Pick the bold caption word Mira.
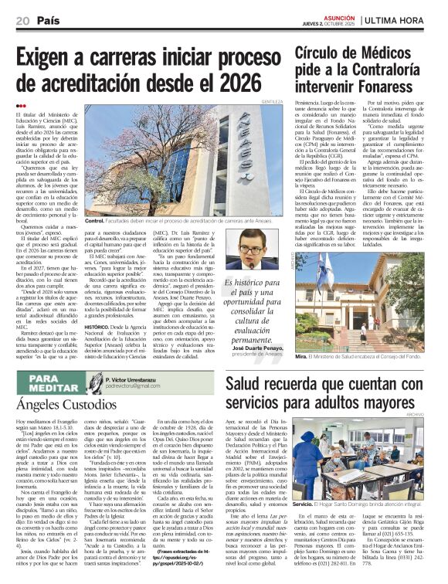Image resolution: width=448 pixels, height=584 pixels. pyautogui.click(x=301, y=358)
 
